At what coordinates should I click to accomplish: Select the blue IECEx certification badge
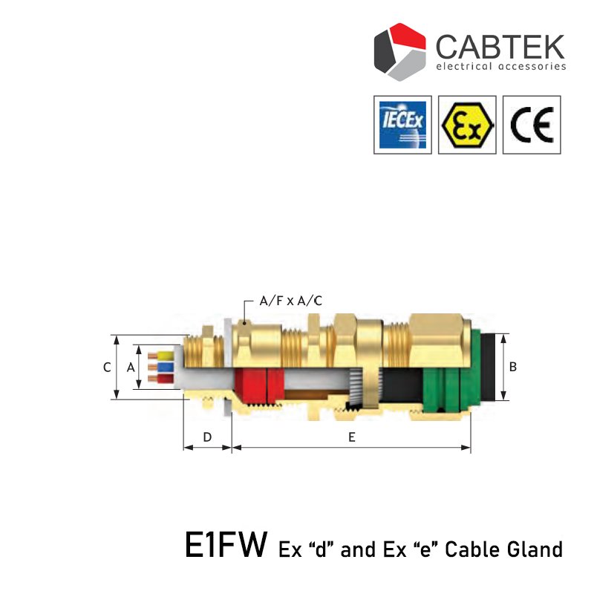pos(402,124)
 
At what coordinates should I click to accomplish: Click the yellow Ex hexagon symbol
pos(467,124)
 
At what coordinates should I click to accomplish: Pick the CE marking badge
pos(532,124)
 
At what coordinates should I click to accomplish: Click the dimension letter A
pos(131,367)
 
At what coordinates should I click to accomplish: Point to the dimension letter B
pos(513,367)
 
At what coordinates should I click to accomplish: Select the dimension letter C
pos(108,367)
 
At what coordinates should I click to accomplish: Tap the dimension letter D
pos(207,437)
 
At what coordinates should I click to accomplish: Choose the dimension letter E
pos(351,437)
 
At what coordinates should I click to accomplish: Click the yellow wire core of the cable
pos(162,356)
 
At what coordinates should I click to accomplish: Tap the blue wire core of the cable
pos(162,367)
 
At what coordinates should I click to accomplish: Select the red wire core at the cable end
pos(162,379)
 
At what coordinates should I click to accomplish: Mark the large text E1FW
pos(226,547)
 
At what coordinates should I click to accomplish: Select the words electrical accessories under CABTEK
pos(500,67)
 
